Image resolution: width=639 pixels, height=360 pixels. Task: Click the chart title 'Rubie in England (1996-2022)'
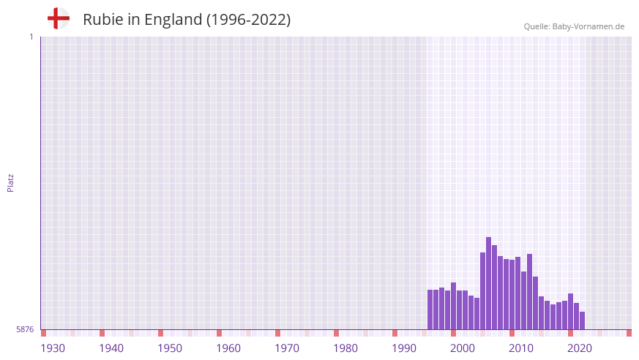click(x=187, y=20)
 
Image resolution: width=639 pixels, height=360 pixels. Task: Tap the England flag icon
click(x=58, y=18)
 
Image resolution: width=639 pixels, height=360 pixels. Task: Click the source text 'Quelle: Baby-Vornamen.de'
click(x=574, y=26)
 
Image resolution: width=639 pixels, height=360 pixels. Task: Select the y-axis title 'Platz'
click(x=10, y=183)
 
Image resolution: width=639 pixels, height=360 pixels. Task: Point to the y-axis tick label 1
click(x=31, y=37)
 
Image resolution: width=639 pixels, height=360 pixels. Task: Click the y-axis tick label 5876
click(x=25, y=329)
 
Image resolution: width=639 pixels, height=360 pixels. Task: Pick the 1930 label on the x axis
click(x=53, y=348)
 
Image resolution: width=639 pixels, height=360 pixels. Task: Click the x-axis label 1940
click(x=111, y=348)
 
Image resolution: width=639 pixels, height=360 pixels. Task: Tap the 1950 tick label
click(x=170, y=348)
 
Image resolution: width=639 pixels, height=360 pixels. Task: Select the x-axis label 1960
click(x=228, y=348)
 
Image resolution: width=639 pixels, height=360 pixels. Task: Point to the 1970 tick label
click(x=287, y=348)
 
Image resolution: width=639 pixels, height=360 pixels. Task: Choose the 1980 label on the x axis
click(x=345, y=348)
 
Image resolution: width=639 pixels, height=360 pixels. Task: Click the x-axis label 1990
click(x=404, y=348)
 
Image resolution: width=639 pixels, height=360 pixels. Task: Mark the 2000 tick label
click(x=463, y=348)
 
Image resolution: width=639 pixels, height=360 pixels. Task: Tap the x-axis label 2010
click(x=521, y=348)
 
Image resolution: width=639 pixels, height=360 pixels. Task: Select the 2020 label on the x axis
click(x=580, y=348)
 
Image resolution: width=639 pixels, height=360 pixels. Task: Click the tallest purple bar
click(x=488, y=283)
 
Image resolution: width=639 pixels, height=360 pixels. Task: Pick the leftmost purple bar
click(x=430, y=310)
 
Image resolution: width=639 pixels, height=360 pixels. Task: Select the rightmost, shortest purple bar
click(x=582, y=320)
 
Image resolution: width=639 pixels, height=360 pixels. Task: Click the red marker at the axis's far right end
click(x=629, y=333)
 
